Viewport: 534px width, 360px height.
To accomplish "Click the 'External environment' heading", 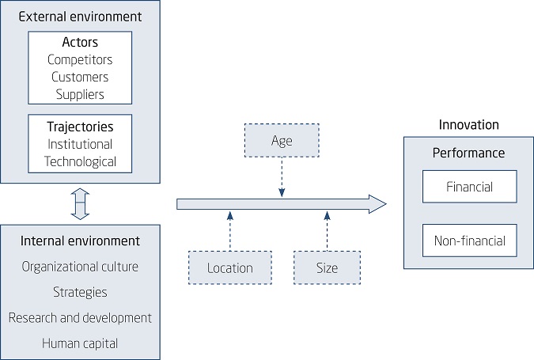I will click(79, 16).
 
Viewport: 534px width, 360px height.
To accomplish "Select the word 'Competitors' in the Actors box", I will click(79, 59).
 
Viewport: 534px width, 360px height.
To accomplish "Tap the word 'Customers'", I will click(79, 77).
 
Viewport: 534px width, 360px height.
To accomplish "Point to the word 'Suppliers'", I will click(79, 94).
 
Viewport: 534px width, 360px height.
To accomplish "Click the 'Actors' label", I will click(79, 43).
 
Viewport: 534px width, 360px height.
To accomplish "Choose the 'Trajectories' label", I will click(79, 127).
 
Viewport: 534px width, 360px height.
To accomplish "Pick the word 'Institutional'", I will click(79, 144).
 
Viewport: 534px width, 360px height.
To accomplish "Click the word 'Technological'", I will click(79, 161).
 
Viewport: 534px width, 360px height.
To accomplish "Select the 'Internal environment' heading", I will click(79, 241).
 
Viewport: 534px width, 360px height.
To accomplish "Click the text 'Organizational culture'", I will click(79, 267).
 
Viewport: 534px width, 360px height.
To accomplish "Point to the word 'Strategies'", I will click(79, 292).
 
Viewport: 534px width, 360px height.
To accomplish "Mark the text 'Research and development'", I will click(79, 317).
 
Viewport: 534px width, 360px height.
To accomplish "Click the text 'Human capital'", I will click(79, 343).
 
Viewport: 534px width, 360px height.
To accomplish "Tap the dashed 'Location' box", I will click(229, 267).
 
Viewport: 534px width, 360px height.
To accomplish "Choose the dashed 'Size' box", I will click(327, 267).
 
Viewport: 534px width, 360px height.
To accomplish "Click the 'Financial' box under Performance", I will click(469, 188).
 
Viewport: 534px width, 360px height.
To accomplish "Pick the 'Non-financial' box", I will click(469, 241).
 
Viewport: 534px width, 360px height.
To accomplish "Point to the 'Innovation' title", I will click(469, 125).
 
